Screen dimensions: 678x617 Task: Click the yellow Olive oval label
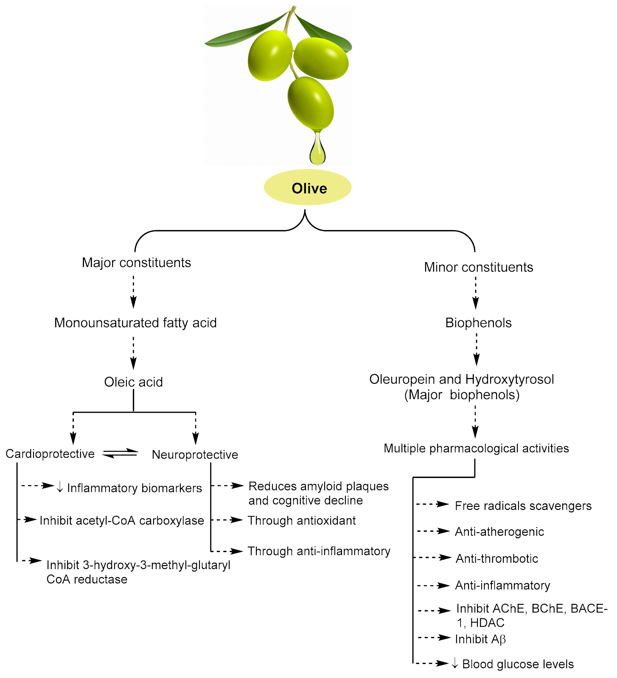[x=308, y=188]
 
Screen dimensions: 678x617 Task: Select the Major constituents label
[x=136, y=263]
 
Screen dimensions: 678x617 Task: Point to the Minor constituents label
[x=478, y=267]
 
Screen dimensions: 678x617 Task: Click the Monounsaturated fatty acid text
[x=135, y=323]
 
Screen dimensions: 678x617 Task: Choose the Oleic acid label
[x=133, y=382]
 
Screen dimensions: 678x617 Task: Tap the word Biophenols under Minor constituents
[x=478, y=323]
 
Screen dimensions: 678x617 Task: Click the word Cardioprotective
[x=50, y=454]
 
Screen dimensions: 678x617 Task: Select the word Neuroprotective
[x=195, y=455]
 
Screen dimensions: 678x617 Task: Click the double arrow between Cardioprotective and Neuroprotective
[x=121, y=453]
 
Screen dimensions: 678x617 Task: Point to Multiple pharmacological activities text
[x=476, y=448]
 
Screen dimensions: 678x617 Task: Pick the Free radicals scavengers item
[x=523, y=506]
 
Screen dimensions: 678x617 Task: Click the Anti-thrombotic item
[x=496, y=559]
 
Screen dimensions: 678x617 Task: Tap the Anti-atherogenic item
[x=499, y=532]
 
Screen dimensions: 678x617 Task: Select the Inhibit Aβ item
[x=480, y=639]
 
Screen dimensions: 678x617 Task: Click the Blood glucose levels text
[x=518, y=664]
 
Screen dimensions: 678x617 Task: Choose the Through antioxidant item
[x=302, y=520]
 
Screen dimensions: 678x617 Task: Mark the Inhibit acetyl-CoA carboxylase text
[x=122, y=520]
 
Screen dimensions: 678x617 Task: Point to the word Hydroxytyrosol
[x=509, y=379]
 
